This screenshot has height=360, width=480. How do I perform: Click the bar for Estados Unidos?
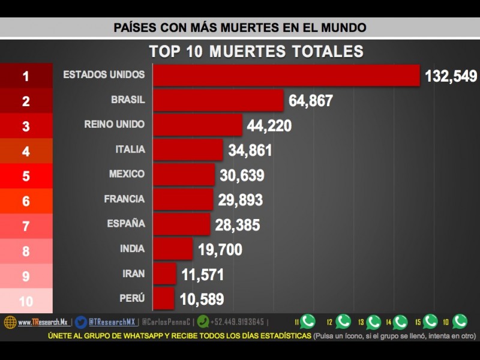(286, 76)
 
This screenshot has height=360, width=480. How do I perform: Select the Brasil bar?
(218, 100)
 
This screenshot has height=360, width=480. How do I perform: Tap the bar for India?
(173, 248)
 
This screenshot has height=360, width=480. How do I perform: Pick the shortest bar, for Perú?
(163, 298)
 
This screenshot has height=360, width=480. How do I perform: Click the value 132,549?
(451, 76)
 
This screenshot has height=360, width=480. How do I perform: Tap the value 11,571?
(202, 275)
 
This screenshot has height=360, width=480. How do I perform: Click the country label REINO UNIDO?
(115, 124)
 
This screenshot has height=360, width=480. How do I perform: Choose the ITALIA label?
(130, 149)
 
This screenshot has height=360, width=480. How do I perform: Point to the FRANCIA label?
(124, 199)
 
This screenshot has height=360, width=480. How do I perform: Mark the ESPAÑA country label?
(126, 223)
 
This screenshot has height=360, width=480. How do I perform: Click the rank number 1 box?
(26, 76)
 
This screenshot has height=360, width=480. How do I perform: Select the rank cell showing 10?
(26, 301)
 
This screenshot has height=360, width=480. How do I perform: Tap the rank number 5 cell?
(26, 176)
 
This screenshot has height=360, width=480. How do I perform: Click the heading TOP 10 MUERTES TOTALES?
(256, 51)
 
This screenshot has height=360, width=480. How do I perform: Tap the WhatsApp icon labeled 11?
(308, 322)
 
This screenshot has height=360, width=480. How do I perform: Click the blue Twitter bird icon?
(81, 322)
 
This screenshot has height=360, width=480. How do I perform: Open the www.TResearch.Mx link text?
(42, 322)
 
